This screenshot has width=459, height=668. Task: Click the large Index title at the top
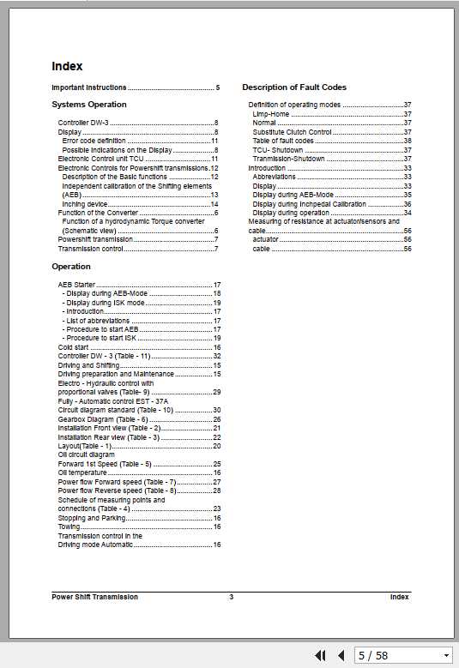coord(67,66)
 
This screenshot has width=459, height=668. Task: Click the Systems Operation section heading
coord(89,105)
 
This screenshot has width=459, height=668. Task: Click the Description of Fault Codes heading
coord(294,87)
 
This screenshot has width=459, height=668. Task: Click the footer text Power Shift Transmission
coord(94,597)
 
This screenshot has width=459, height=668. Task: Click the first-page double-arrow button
coord(321,655)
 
